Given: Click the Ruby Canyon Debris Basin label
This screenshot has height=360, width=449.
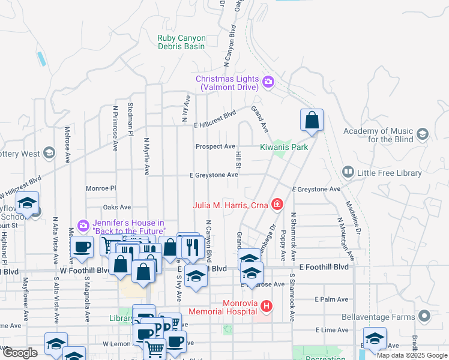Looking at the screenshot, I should click(181, 42).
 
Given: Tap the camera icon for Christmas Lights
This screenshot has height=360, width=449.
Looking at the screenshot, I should click(268, 81).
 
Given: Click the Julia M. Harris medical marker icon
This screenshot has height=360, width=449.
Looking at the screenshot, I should click(277, 205).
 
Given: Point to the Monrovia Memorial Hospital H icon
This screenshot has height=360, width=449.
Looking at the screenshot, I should click(267, 307).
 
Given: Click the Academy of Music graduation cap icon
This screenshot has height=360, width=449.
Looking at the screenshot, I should click(423, 134).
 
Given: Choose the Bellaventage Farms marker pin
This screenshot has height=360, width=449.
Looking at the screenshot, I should click(424, 316).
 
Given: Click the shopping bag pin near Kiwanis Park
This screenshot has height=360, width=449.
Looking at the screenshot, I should click(312, 121).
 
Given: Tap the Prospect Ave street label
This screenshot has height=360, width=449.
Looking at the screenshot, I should click(215, 146).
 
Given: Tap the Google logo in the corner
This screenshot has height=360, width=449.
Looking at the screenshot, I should click(19, 352).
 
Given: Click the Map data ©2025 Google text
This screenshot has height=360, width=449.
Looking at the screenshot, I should click(412, 355).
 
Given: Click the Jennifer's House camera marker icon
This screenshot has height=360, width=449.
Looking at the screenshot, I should click(83, 226).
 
